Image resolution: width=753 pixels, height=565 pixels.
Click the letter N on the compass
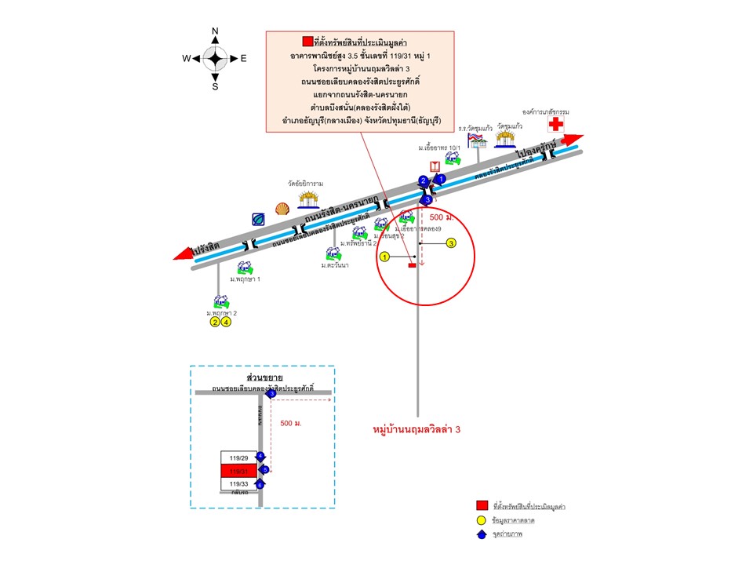click(x=215, y=32)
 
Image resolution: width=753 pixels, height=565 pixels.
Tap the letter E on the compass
click(x=243, y=59)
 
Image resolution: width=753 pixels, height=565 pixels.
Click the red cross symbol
click(x=555, y=126)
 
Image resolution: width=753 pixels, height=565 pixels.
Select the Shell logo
click(x=282, y=209)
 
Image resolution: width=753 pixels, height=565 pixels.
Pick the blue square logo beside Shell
click(x=258, y=219)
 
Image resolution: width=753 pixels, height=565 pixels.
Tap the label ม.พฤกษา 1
click(x=245, y=279)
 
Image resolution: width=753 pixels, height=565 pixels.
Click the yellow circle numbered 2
click(x=214, y=322)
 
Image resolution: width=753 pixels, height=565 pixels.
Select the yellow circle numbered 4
click(x=226, y=322)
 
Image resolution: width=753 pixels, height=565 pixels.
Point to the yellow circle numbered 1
click(x=384, y=257)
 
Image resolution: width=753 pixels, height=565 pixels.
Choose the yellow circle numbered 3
click(x=451, y=243)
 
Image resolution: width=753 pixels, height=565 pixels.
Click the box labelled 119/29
click(x=238, y=457)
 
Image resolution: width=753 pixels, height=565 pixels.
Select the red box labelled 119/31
click(x=238, y=470)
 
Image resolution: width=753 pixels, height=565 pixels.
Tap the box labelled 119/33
click(x=238, y=483)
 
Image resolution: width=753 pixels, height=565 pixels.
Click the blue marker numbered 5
click(x=264, y=470)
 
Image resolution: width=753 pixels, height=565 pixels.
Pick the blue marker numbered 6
click(x=260, y=484)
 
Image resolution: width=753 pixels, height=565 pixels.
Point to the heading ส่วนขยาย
click(x=264, y=377)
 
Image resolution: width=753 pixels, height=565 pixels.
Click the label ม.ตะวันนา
click(x=334, y=266)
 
